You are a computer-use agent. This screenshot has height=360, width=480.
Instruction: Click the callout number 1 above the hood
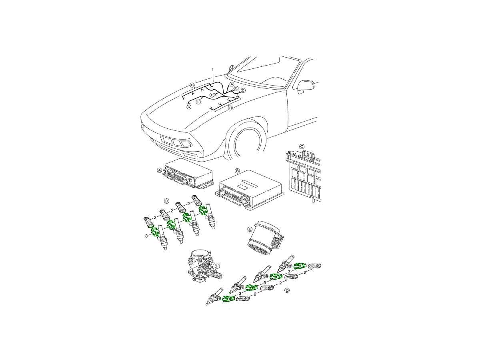pyautogui.click(x=213, y=70)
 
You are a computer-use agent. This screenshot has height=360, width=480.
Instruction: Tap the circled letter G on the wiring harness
pyautogui.click(x=189, y=107)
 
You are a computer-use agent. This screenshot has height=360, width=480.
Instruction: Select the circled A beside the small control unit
pyautogui.click(x=160, y=170)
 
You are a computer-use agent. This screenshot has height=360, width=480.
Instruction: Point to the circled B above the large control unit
pyautogui.click(x=238, y=170)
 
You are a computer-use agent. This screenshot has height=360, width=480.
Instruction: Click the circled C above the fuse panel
pyautogui.click(x=302, y=146)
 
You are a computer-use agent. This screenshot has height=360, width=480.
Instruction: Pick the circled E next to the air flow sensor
pyautogui.click(x=250, y=229)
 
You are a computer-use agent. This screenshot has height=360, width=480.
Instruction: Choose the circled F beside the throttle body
pyautogui.click(x=217, y=266)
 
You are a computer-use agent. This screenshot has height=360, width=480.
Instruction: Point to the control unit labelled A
pyautogui.click(x=188, y=177)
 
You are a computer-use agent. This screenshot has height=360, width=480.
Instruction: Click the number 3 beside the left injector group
pyautogui.click(x=146, y=236)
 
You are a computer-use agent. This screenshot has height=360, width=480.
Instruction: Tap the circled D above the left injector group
pyautogui.click(x=167, y=201)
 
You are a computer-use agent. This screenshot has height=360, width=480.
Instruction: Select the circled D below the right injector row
pyautogui.click(x=287, y=290)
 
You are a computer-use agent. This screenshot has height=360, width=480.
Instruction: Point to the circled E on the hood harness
pyautogui.click(x=212, y=95)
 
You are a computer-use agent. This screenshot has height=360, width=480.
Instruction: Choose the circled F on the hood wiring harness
pyautogui.click(x=198, y=102)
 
